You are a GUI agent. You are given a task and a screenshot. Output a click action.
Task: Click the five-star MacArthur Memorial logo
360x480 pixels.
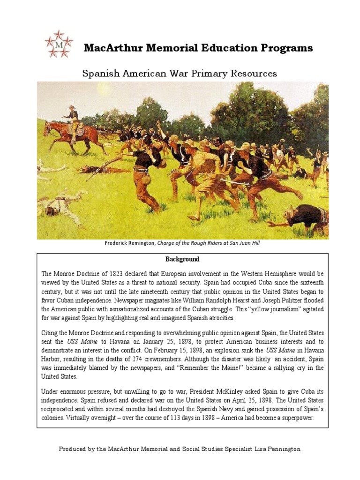pos(59,44)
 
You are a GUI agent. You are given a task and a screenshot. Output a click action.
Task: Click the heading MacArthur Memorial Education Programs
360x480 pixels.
pos(197,48)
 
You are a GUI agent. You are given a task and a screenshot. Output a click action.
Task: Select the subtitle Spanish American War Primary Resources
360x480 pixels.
pos(180,74)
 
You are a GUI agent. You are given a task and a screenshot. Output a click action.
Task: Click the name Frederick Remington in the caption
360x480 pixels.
pos(130,243)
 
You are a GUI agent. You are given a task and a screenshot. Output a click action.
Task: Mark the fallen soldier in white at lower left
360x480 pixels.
pos(61,205)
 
